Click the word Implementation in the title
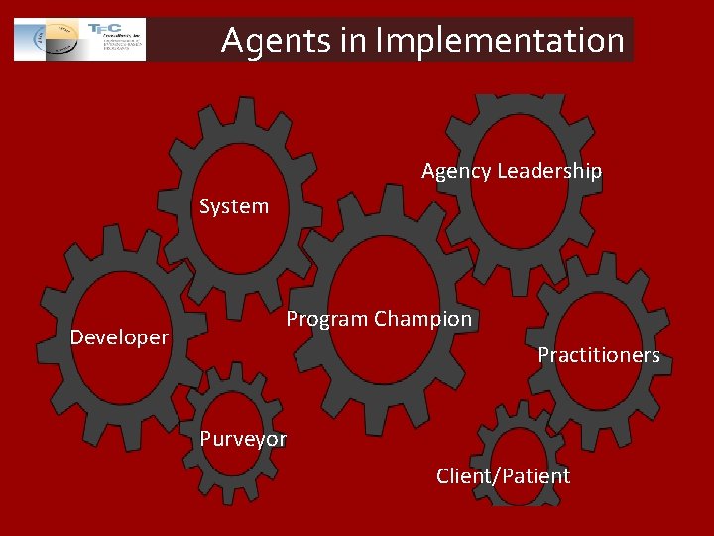tap(500, 41)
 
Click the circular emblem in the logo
tap(52, 40)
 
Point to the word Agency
tap(456, 172)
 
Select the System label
tap(234, 206)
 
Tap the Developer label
tap(120, 337)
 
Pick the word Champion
tap(423, 319)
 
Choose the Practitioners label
tap(598, 355)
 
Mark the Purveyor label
tap(243, 439)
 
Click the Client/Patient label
tap(503, 476)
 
